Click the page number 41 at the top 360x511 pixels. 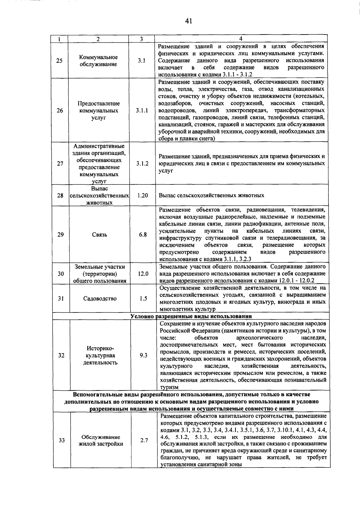pos(188,21)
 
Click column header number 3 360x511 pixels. pos(141,39)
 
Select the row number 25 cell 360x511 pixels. pos(59,61)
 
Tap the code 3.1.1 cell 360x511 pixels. pos(142,111)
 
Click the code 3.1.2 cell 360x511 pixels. pos(142,164)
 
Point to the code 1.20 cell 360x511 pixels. pos(142,196)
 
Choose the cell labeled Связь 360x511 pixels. pos(100,235)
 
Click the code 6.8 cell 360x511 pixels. pos(143,235)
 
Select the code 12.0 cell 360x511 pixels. pos(143,274)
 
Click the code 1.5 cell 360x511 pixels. pos(143,299)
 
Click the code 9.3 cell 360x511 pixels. pos(144,355)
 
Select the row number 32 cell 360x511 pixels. pos(61,355)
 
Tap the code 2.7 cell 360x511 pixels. pos(144,441)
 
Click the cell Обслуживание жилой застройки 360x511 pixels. pos(101,441)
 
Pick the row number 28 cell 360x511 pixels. pos(60,196)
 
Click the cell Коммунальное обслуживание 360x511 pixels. pos(98,61)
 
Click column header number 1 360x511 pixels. pos(59,39)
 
